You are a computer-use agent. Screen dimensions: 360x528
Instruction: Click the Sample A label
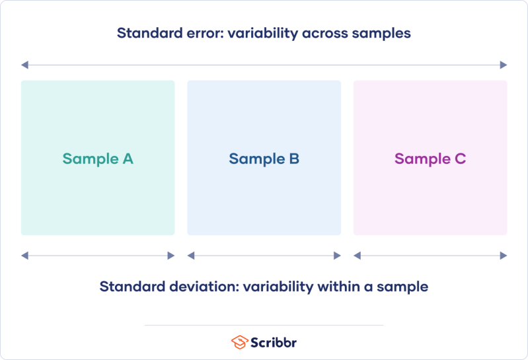click(98, 159)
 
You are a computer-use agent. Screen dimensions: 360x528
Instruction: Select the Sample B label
click(264, 159)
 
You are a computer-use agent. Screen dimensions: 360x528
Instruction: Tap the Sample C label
click(430, 159)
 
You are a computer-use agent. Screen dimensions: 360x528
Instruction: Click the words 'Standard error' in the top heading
click(169, 33)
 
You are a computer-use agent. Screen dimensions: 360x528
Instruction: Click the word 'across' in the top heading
click(329, 33)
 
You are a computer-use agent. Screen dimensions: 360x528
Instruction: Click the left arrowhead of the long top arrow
click(24, 65)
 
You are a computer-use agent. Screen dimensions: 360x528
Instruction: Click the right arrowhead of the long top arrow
click(504, 65)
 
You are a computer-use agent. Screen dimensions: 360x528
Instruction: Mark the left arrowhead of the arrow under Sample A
click(24, 256)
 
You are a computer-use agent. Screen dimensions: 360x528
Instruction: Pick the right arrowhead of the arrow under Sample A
click(171, 256)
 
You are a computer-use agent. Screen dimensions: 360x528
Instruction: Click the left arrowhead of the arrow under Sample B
click(191, 256)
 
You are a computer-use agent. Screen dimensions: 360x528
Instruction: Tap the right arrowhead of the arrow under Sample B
click(338, 256)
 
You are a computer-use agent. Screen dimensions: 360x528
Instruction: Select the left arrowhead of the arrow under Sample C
click(357, 256)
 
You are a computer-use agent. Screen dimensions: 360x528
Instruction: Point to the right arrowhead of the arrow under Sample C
click(504, 256)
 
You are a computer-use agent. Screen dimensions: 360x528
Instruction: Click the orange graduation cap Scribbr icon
click(239, 342)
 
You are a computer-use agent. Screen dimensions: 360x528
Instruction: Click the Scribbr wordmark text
click(274, 342)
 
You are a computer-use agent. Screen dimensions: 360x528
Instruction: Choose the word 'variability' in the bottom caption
click(277, 287)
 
